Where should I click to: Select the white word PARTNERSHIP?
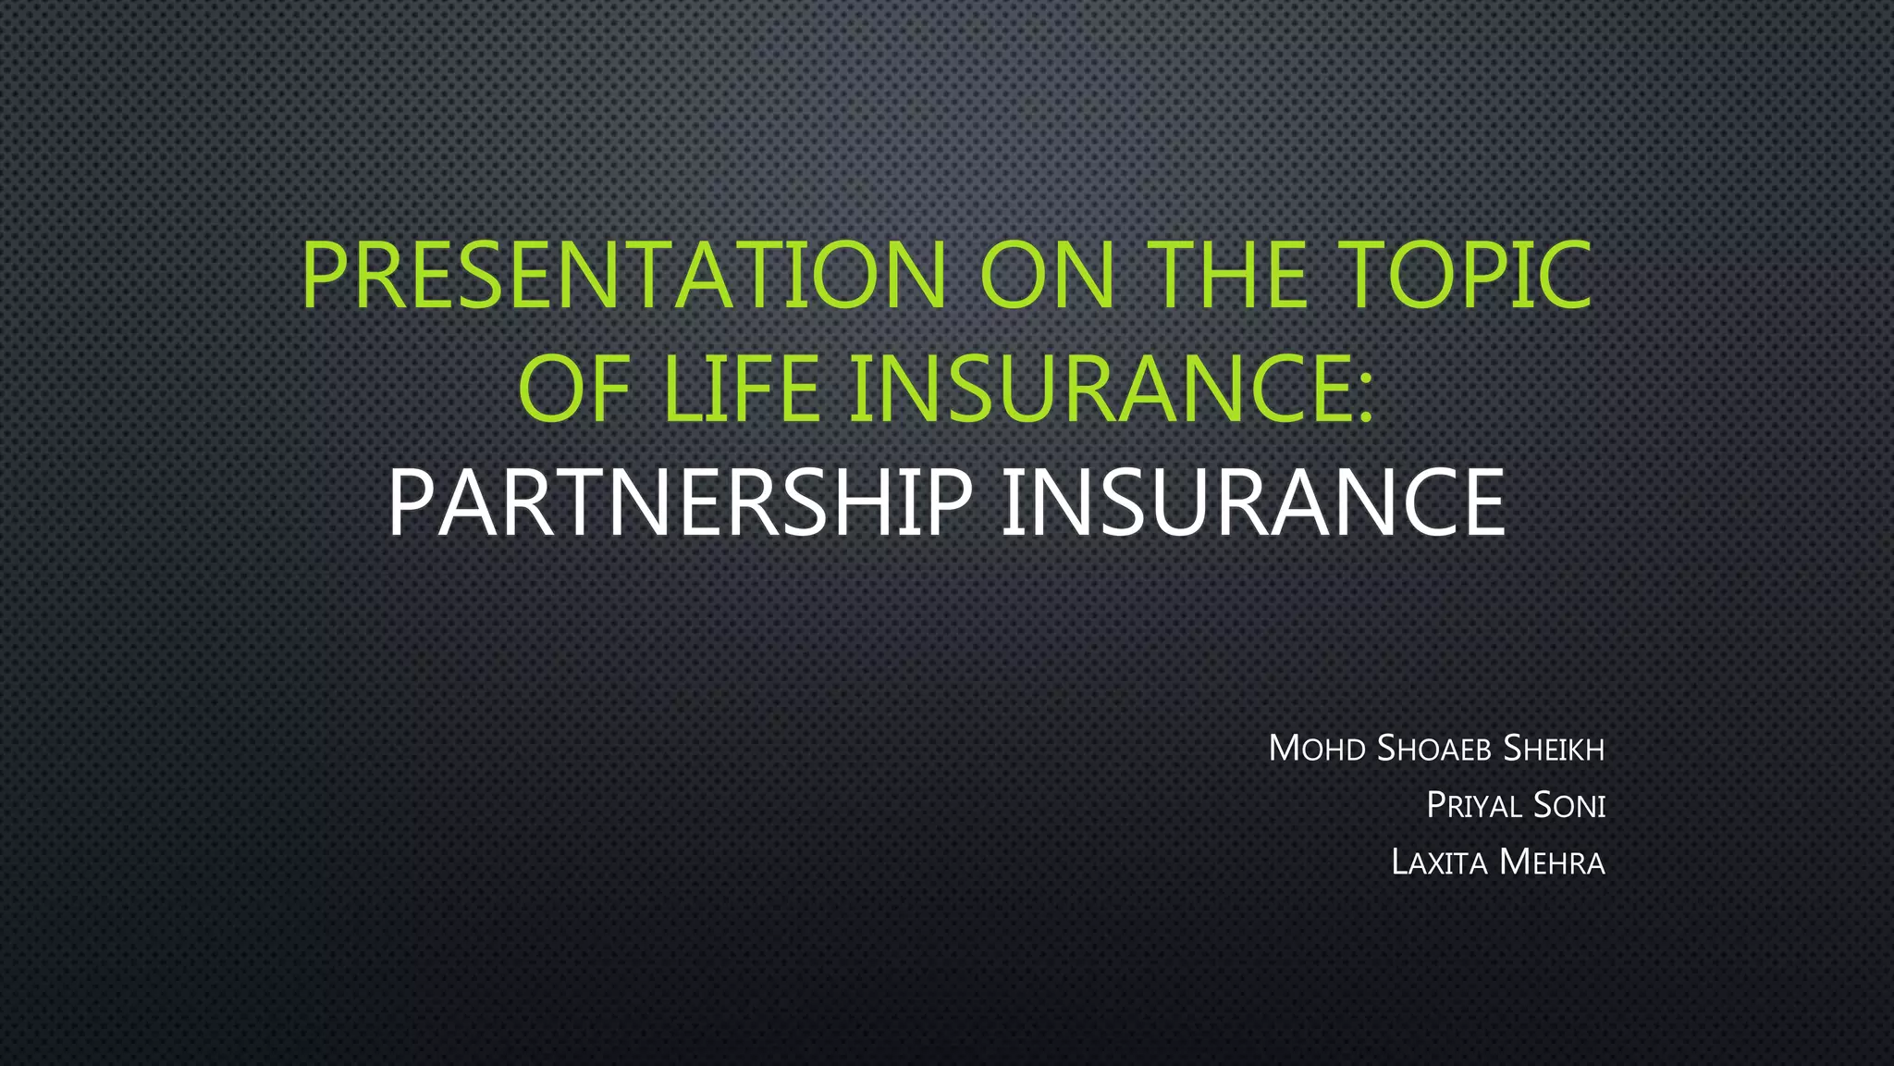[680, 502]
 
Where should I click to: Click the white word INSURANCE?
[1253, 502]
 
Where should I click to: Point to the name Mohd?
[1317, 749]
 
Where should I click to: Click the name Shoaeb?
[1433, 749]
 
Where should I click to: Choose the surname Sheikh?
[1554, 749]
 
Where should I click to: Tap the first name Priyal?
[1474, 805]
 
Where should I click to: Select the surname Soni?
[1569, 805]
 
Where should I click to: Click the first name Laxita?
[1439, 862]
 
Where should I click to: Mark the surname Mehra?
[1552, 862]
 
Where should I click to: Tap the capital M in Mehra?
[1517, 862]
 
